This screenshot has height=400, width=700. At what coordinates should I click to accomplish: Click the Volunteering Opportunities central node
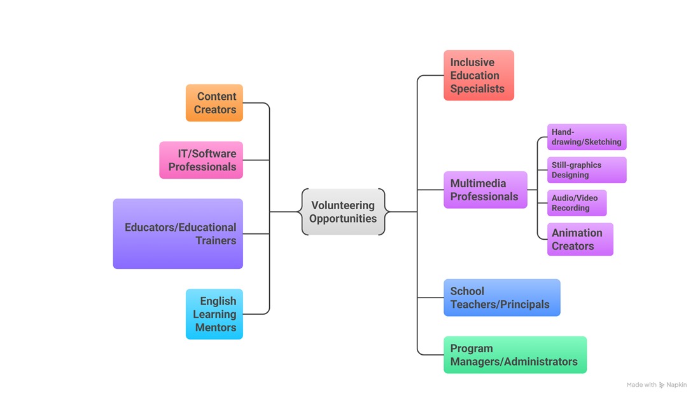(x=343, y=212)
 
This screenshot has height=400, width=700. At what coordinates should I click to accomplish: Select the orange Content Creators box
(x=214, y=103)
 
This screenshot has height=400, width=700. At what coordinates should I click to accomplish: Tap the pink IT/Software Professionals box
(x=201, y=160)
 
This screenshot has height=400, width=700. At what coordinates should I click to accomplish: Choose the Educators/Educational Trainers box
(x=178, y=234)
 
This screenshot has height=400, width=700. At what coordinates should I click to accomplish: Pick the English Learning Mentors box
(x=214, y=314)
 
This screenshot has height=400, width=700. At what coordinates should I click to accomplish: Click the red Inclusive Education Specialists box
(x=479, y=76)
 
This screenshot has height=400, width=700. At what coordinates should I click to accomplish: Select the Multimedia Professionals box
(x=485, y=190)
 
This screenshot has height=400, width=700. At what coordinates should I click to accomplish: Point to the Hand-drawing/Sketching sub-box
(x=587, y=137)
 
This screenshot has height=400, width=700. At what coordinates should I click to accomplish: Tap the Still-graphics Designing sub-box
(x=587, y=170)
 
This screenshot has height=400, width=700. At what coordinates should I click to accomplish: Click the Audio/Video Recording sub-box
(x=577, y=203)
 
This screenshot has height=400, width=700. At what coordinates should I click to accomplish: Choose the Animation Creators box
(x=580, y=239)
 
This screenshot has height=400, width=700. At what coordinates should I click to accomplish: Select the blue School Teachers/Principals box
(x=501, y=298)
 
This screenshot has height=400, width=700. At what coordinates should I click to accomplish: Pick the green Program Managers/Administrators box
(x=515, y=355)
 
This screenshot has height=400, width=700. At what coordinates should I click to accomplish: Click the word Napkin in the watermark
(x=676, y=385)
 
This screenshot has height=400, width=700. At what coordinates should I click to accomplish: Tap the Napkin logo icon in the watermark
(x=662, y=385)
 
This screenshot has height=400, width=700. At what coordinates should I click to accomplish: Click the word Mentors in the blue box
(x=216, y=328)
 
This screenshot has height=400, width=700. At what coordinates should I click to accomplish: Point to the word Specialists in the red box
(x=477, y=89)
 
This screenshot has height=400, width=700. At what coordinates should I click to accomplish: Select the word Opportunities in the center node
(x=343, y=219)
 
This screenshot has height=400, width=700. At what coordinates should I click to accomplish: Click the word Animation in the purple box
(x=577, y=233)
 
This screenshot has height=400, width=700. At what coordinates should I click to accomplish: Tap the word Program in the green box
(x=472, y=348)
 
